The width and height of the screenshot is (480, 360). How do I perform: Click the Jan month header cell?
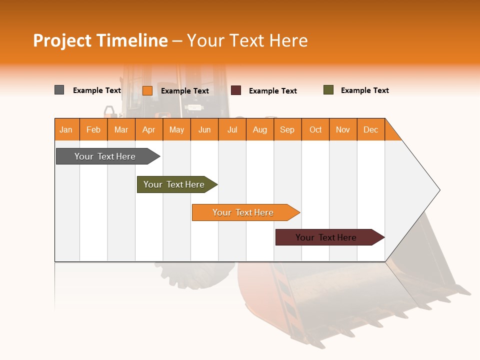click(66, 129)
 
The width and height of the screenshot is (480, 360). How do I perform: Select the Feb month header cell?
click(93, 129)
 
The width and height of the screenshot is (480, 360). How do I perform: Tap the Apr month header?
click(149, 129)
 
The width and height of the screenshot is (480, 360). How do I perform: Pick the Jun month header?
click(204, 129)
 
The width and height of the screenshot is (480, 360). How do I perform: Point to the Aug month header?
click(260, 129)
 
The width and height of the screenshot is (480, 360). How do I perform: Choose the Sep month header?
click(287, 129)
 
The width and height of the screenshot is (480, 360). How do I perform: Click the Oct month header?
click(315, 129)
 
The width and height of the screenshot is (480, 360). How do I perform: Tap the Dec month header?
click(371, 129)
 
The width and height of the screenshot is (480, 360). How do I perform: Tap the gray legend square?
click(59, 90)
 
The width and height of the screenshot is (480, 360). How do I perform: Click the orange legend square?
click(147, 90)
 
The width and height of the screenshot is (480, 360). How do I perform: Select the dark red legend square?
click(236, 90)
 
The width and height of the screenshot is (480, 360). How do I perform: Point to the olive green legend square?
click(328, 90)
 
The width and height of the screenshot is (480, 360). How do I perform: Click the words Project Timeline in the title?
click(100, 40)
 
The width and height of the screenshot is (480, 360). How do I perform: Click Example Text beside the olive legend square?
click(364, 90)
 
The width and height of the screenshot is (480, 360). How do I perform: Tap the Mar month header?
click(121, 129)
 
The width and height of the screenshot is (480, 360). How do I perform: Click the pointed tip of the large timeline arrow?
click(438, 190)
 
